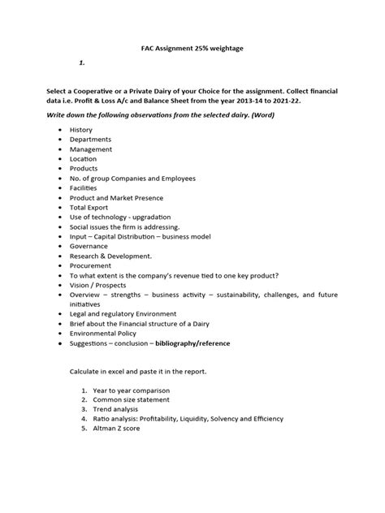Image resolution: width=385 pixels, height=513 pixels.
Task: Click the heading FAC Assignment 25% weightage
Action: click(x=192, y=50)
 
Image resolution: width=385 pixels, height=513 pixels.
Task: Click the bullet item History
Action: click(x=81, y=130)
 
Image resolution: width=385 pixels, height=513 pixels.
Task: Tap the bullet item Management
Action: click(x=92, y=149)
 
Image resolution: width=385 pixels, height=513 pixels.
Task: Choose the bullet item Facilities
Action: click(x=85, y=188)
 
